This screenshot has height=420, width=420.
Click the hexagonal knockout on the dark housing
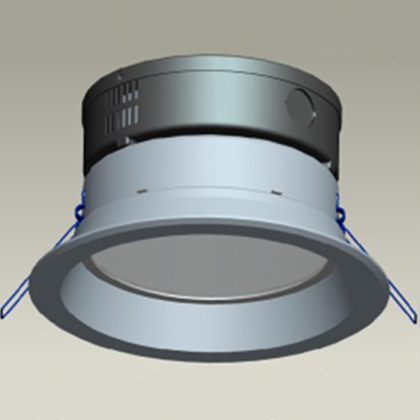click(300, 107)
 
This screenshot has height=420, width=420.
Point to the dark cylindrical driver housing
click(210, 109)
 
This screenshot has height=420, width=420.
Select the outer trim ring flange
click(210, 336)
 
